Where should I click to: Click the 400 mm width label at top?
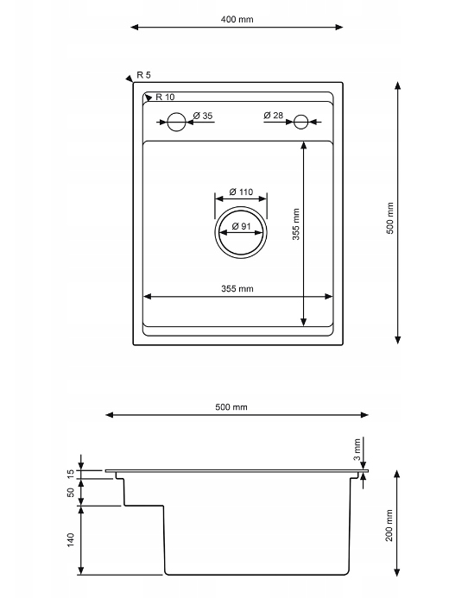[x=237, y=19]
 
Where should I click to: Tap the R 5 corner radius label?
[x=144, y=75]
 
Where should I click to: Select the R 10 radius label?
[x=165, y=97]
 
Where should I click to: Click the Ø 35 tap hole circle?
[x=176, y=122]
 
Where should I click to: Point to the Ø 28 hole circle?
[x=300, y=122]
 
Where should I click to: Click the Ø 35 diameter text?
[x=203, y=116]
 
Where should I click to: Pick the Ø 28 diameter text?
[x=273, y=115]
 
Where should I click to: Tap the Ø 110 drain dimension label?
[x=241, y=192]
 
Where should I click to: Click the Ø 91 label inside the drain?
[x=241, y=226]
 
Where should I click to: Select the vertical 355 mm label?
[x=296, y=224]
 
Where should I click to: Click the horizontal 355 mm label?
[x=237, y=289]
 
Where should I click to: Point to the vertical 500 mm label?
[x=390, y=218]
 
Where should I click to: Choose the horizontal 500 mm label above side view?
[x=231, y=407]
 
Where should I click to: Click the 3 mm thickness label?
[x=357, y=450]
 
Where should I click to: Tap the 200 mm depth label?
[x=389, y=526]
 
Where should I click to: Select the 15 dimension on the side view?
[x=71, y=474]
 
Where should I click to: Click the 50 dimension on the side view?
[x=71, y=493]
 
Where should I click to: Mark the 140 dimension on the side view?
[x=71, y=540]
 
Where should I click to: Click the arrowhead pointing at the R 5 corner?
[x=130, y=79]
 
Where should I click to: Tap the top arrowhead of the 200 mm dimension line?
[x=397, y=474]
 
